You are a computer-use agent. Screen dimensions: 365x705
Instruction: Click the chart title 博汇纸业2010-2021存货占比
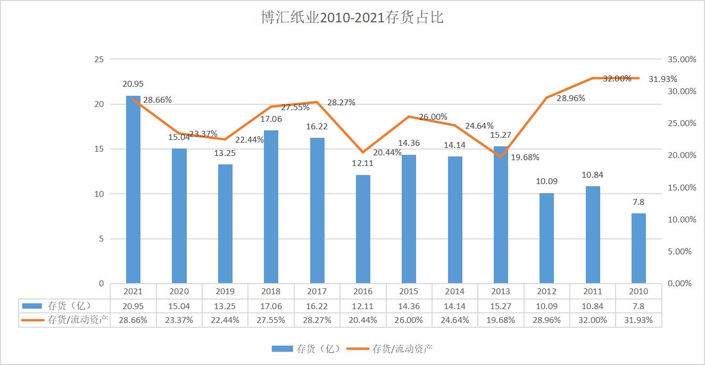(x=352, y=18)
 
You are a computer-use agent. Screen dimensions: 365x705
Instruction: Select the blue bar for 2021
(x=133, y=192)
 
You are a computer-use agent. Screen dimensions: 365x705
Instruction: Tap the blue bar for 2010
(x=638, y=249)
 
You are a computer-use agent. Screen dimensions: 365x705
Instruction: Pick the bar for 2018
(x=271, y=208)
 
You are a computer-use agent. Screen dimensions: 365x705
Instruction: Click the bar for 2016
(x=363, y=230)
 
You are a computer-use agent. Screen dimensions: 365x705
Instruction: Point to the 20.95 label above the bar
(x=133, y=84)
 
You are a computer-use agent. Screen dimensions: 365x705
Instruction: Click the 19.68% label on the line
(x=524, y=157)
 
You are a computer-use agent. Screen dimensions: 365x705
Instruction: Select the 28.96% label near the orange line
(x=570, y=98)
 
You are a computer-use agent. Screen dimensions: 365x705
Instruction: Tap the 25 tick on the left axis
(x=99, y=59)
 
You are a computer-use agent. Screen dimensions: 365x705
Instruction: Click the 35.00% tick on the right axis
(x=681, y=60)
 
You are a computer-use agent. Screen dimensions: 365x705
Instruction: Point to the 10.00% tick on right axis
(x=681, y=220)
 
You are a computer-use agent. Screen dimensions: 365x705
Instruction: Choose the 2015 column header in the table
(x=409, y=292)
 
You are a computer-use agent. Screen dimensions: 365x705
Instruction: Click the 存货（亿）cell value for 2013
(x=501, y=306)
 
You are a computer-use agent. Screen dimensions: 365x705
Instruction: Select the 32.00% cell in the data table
(x=592, y=320)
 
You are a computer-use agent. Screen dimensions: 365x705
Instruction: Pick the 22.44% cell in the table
(x=225, y=320)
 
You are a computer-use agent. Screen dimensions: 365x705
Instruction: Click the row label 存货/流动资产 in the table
(x=78, y=320)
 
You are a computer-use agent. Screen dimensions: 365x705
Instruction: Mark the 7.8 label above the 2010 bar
(x=638, y=202)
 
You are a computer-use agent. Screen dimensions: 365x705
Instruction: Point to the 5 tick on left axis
(x=101, y=239)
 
